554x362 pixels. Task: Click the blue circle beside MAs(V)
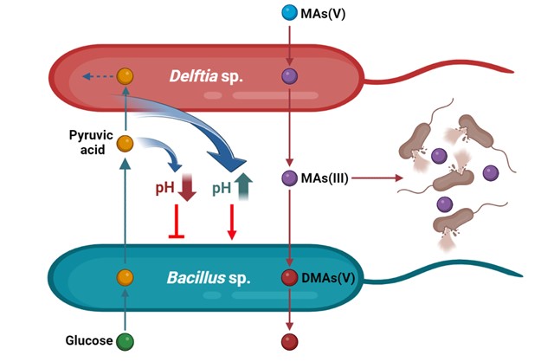click(290, 13)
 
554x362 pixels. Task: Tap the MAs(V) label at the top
click(324, 13)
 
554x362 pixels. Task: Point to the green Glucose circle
click(126, 340)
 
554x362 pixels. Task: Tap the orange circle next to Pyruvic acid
click(126, 143)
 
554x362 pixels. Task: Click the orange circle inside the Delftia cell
click(126, 76)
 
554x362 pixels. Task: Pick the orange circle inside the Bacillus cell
click(126, 278)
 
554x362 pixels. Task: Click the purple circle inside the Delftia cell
click(290, 76)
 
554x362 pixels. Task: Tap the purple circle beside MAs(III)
click(290, 178)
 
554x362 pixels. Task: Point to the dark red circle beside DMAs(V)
click(290, 278)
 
